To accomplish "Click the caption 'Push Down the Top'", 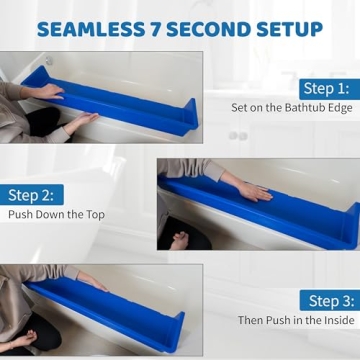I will [x=56, y=215].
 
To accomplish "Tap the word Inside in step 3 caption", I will [x=336, y=321].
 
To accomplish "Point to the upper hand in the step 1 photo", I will [x=46, y=90].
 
